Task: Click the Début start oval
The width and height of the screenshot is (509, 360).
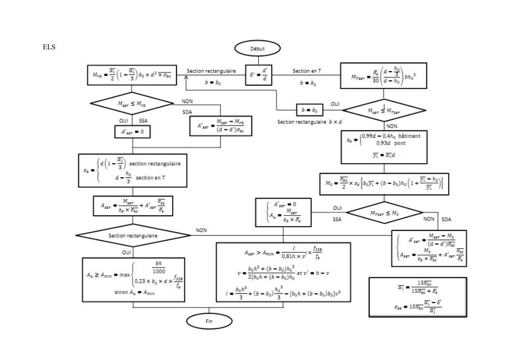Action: (x=258, y=48)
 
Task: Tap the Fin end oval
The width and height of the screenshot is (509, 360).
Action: (x=209, y=321)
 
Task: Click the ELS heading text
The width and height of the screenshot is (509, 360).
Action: (x=49, y=47)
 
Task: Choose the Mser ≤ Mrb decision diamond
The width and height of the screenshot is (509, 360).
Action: (x=132, y=103)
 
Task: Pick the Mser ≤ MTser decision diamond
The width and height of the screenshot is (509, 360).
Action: (x=384, y=111)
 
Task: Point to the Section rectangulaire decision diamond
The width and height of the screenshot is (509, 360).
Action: (x=132, y=235)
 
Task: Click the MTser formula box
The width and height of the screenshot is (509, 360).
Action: (x=384, y=76)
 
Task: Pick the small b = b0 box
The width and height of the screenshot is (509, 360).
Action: (x=309, y=110)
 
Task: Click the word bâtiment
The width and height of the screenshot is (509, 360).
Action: (x=410, y=136)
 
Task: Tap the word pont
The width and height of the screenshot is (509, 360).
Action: (x=399, y=143)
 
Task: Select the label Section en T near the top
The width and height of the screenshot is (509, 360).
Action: (x=307, y=71)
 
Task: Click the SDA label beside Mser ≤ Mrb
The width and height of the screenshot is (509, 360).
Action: (x=187, y=112)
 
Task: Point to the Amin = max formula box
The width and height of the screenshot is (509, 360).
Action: (x=133, y=279)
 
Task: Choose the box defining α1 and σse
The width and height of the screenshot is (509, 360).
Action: (x=418, y=297)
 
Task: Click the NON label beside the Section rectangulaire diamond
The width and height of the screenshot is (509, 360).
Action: (x=201, y=230)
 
